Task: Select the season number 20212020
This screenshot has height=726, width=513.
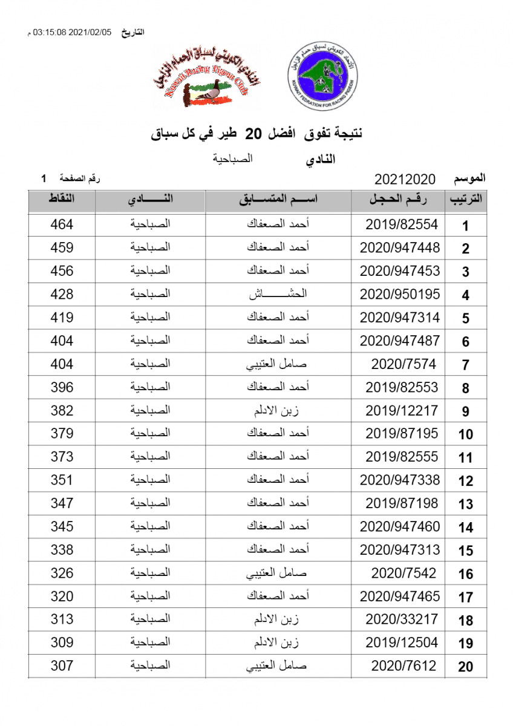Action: pyautogui.click(x=405, y=179)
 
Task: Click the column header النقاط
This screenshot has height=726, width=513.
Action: pyautogui.click(x=62, y=200)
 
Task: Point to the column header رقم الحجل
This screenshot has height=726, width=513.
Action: pyautogui.click(x=399, y=200)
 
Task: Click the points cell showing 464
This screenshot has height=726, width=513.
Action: pyautogui.click(x=62, y=224)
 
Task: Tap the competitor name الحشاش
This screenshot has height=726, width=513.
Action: pyautogui.click(x=278, y=295)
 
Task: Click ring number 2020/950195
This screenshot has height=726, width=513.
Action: pyautogui.click(x=399, y=295)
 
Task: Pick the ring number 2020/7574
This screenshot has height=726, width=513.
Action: pyautogui.click(x=404, y=364)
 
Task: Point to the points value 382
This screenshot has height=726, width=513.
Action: pyautogui.click(x=62, y=411)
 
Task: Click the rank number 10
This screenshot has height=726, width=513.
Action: pyautogui.click(x=465, y=434)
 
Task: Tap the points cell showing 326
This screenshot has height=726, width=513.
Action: pyautogui.click(x=62, y=573)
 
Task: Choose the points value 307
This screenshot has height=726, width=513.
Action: pyautogui.click(x=62, y=665)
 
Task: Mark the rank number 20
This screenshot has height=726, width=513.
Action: pyautogui.click(x=465, y=667)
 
